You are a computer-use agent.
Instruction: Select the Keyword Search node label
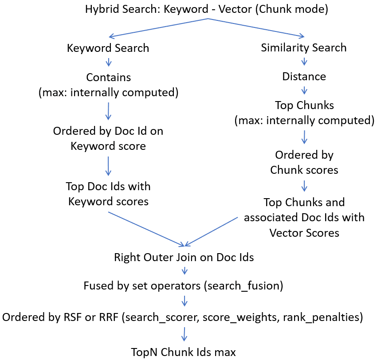108,48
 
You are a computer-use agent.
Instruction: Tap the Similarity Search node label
304,47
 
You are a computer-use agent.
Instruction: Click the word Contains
108,77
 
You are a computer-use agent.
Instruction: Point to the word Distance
304,77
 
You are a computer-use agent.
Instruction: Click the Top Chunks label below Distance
304,106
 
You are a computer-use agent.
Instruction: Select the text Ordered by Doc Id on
108,131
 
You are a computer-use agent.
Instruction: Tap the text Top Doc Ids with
108,186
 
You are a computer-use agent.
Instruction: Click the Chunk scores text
304,170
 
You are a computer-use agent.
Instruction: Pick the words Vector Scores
304,233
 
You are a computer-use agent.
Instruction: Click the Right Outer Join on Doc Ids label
184,258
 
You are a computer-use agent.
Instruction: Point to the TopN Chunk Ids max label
184,352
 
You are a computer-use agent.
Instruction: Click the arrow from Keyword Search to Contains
108,62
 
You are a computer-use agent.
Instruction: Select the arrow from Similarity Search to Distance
304,62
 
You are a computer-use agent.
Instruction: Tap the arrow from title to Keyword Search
157,28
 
